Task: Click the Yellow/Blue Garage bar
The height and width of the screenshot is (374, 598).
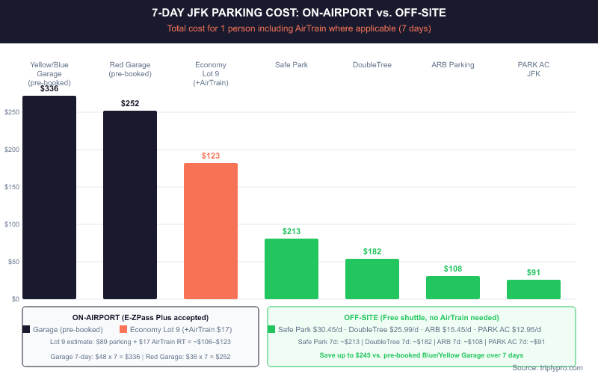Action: pos(49,197)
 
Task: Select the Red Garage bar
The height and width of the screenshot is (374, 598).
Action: pos(130,205)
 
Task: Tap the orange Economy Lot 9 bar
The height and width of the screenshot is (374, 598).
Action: pos(211,231)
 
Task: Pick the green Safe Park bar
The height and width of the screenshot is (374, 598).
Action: pos(292,269)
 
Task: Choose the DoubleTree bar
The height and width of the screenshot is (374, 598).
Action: pos(372,279)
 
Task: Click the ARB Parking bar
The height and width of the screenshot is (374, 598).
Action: pos(453,287)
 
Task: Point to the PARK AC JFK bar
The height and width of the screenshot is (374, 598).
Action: pos(534,289)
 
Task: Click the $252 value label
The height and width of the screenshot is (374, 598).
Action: pos(130,103)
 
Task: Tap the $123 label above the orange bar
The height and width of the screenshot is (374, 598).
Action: pos(211,156)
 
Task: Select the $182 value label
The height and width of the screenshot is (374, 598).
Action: pos(372,251)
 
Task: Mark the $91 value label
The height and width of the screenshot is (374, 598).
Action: pos(534,272)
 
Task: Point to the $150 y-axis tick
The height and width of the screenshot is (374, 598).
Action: pos(11,187)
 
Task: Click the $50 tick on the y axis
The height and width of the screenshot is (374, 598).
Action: pos(13,262)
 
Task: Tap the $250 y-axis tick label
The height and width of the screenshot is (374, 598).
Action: pos(11,112)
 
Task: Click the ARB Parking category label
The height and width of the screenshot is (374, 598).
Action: pos(453,65)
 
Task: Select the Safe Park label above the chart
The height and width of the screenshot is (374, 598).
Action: pos(292,65)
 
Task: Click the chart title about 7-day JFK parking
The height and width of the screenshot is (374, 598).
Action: pos(299,13)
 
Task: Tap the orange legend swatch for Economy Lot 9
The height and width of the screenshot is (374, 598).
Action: pos(123,329)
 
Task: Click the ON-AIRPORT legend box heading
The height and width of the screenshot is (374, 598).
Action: pos(141,317)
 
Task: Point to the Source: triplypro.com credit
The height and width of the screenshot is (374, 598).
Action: pos(549,368)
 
